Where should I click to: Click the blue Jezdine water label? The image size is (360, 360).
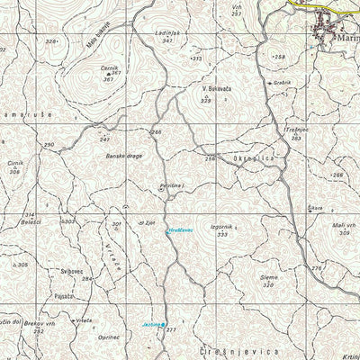(149, 324)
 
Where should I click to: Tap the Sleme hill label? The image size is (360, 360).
(267, 278)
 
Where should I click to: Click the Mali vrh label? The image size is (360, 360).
(343, 225)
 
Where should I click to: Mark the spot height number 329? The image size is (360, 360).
(205, 101)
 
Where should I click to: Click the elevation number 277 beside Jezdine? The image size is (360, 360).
(171, 331)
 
